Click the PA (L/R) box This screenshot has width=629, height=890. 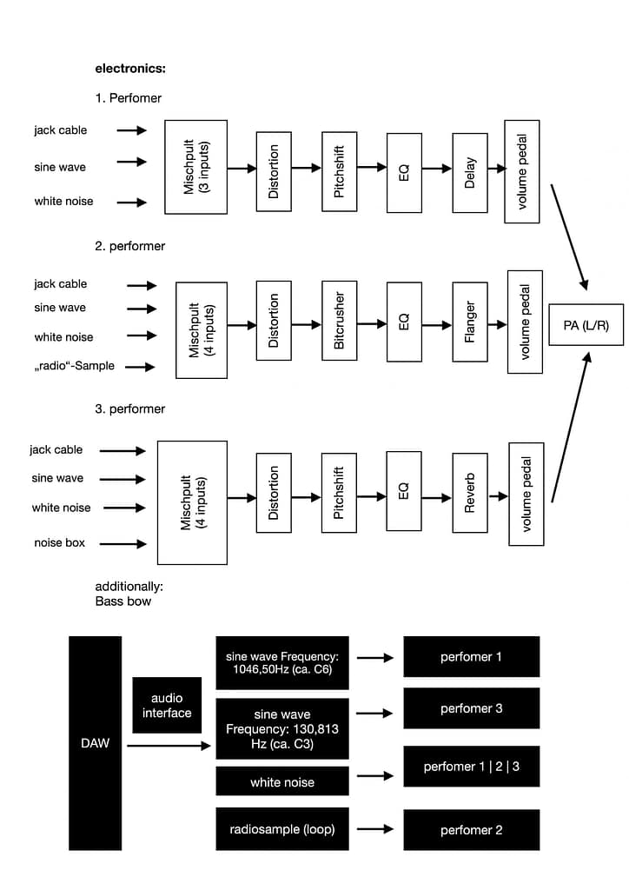(586, 325)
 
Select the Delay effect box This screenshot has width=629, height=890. (470, 172)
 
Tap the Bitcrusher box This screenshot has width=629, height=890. (339, 321)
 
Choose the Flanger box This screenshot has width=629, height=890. (470, 321)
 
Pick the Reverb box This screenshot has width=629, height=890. (470, 492)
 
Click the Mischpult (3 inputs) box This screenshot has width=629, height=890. (196, 167)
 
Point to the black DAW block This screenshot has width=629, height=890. (96, 743)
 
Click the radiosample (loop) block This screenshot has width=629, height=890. (282, 829)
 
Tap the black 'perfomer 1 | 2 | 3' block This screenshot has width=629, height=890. (471, 767)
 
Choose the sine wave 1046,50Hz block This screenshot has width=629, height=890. (282, 663)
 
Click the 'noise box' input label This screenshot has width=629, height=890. (60, 543)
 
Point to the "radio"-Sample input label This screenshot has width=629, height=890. (75, 366)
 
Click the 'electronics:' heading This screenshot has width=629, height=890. (130, 68)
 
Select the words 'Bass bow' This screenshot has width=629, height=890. (122, 601)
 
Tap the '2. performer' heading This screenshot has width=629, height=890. (130, 246)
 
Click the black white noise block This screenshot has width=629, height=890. (282, 782)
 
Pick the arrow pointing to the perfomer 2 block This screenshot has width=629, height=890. (375, 830)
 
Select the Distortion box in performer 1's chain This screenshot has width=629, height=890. (274, 172)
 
